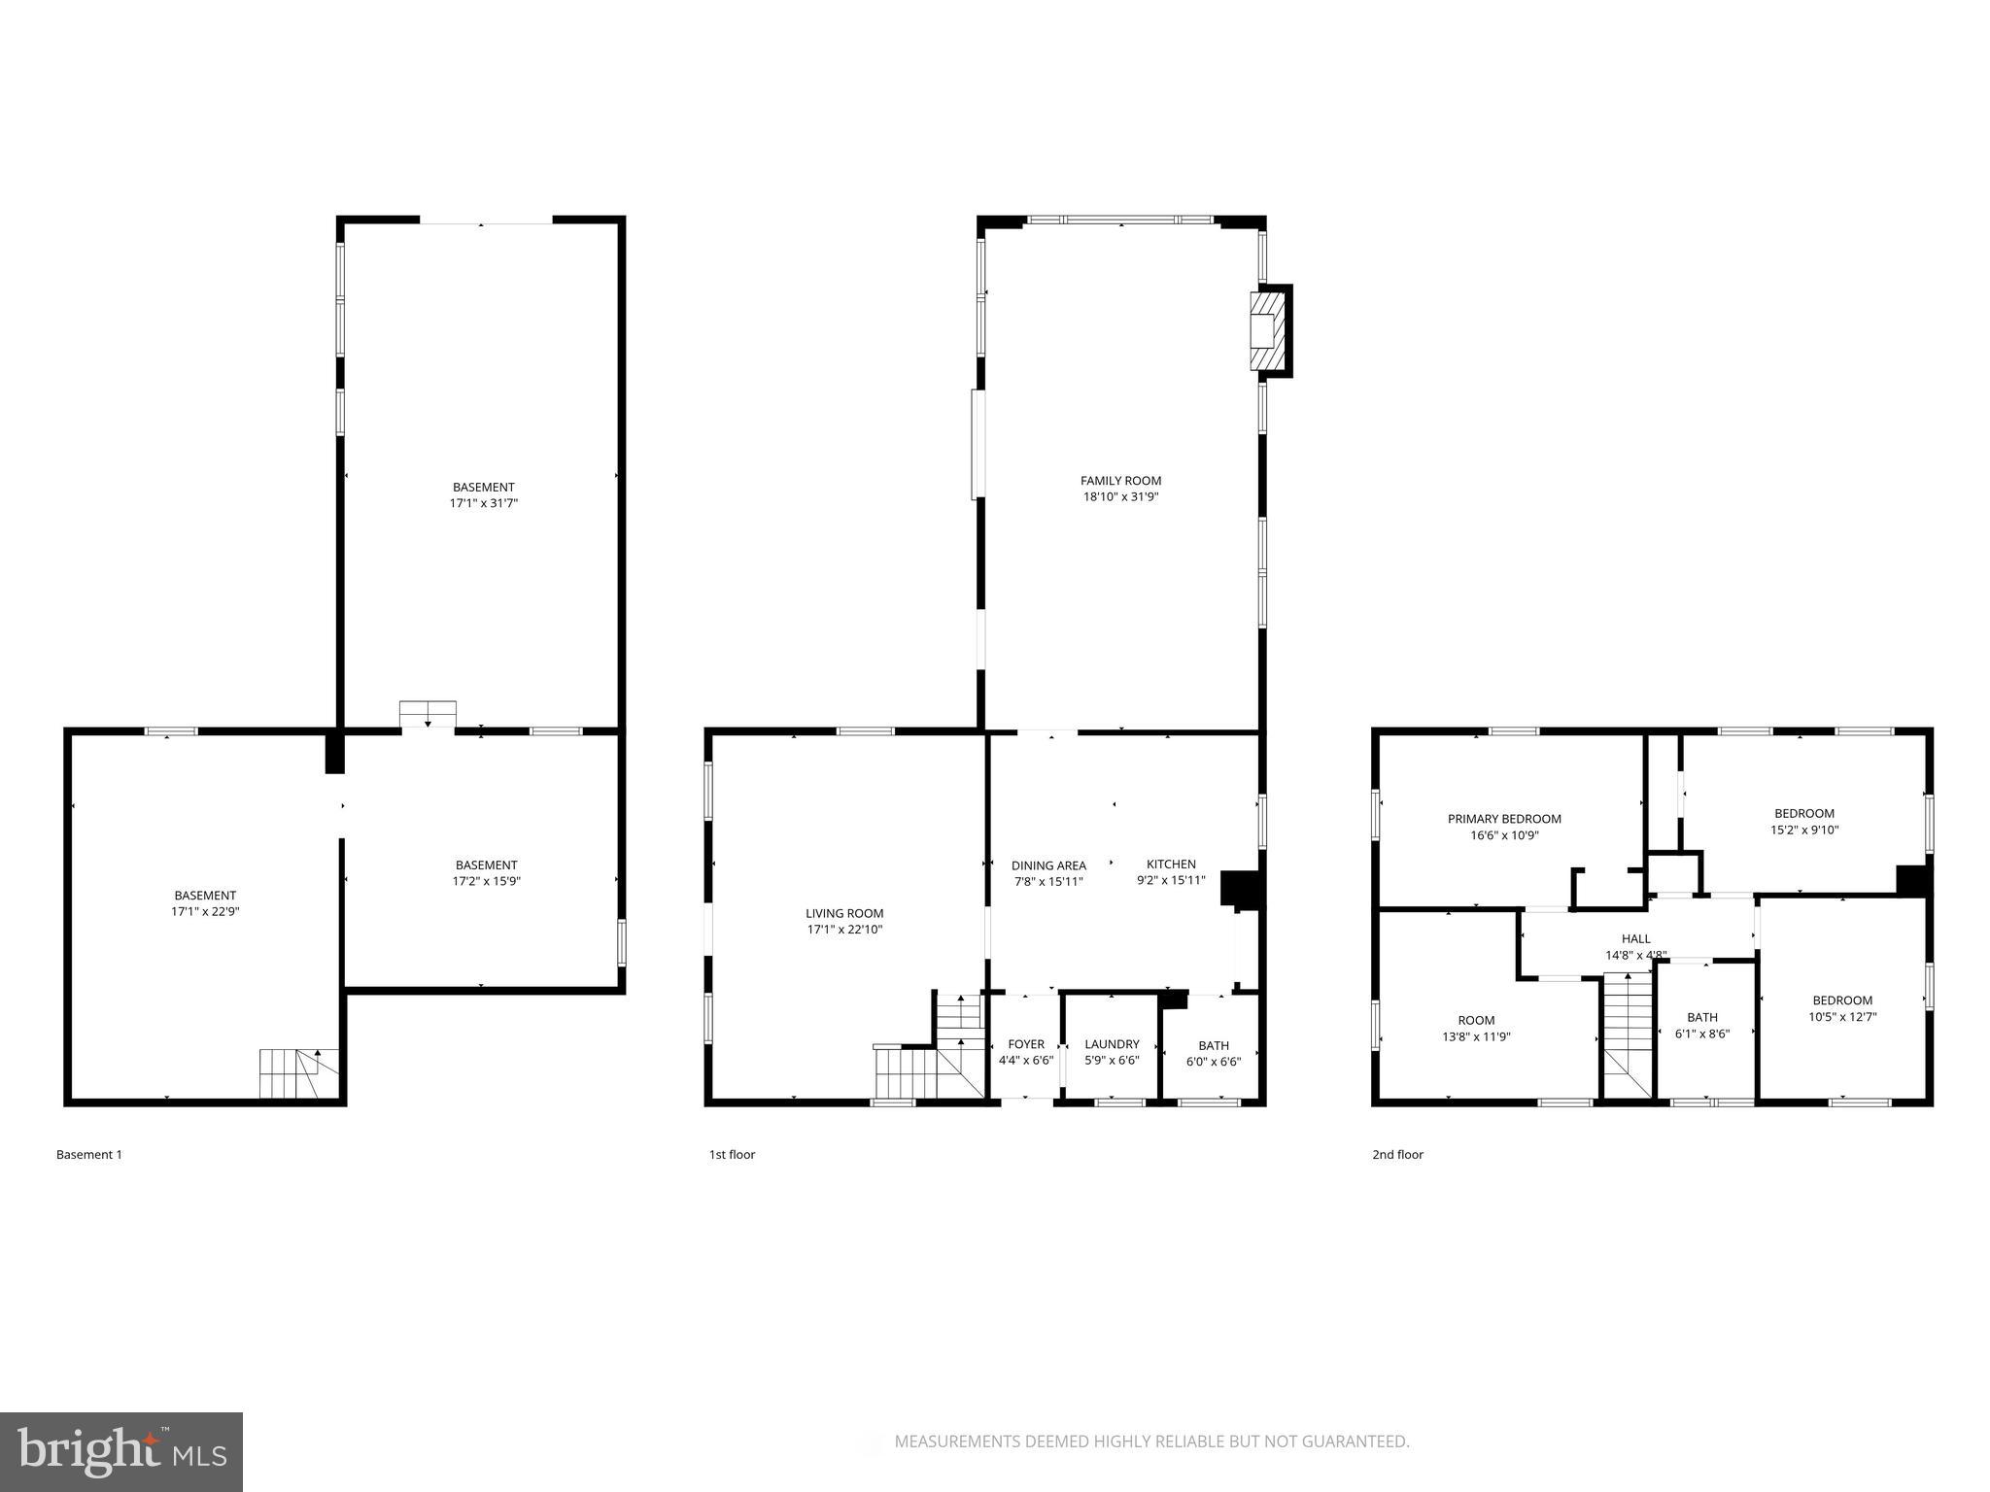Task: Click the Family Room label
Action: coord(1120,481)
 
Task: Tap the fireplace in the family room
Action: coord(1267,330)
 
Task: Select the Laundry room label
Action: coord(1112,1044)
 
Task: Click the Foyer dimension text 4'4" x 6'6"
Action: coord(1026,1061)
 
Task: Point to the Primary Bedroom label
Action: coord(1504,819)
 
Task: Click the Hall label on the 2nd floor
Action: coord(1636,938)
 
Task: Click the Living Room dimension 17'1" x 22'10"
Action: coord(844,930)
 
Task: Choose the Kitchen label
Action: coord(1171,865)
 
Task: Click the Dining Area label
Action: coord(1048,865)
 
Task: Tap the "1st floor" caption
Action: coord(732,1155)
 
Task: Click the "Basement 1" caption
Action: coord(89,1155)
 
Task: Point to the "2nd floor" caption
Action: coord(1397,1155)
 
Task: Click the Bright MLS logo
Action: coord(121,1452)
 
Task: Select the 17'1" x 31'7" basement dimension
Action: coord(483,503)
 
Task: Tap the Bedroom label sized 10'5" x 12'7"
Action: coord(1842,1000)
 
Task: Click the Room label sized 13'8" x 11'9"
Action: coord(1476,1020)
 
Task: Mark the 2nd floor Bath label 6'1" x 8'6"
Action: coord(1702,1017)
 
